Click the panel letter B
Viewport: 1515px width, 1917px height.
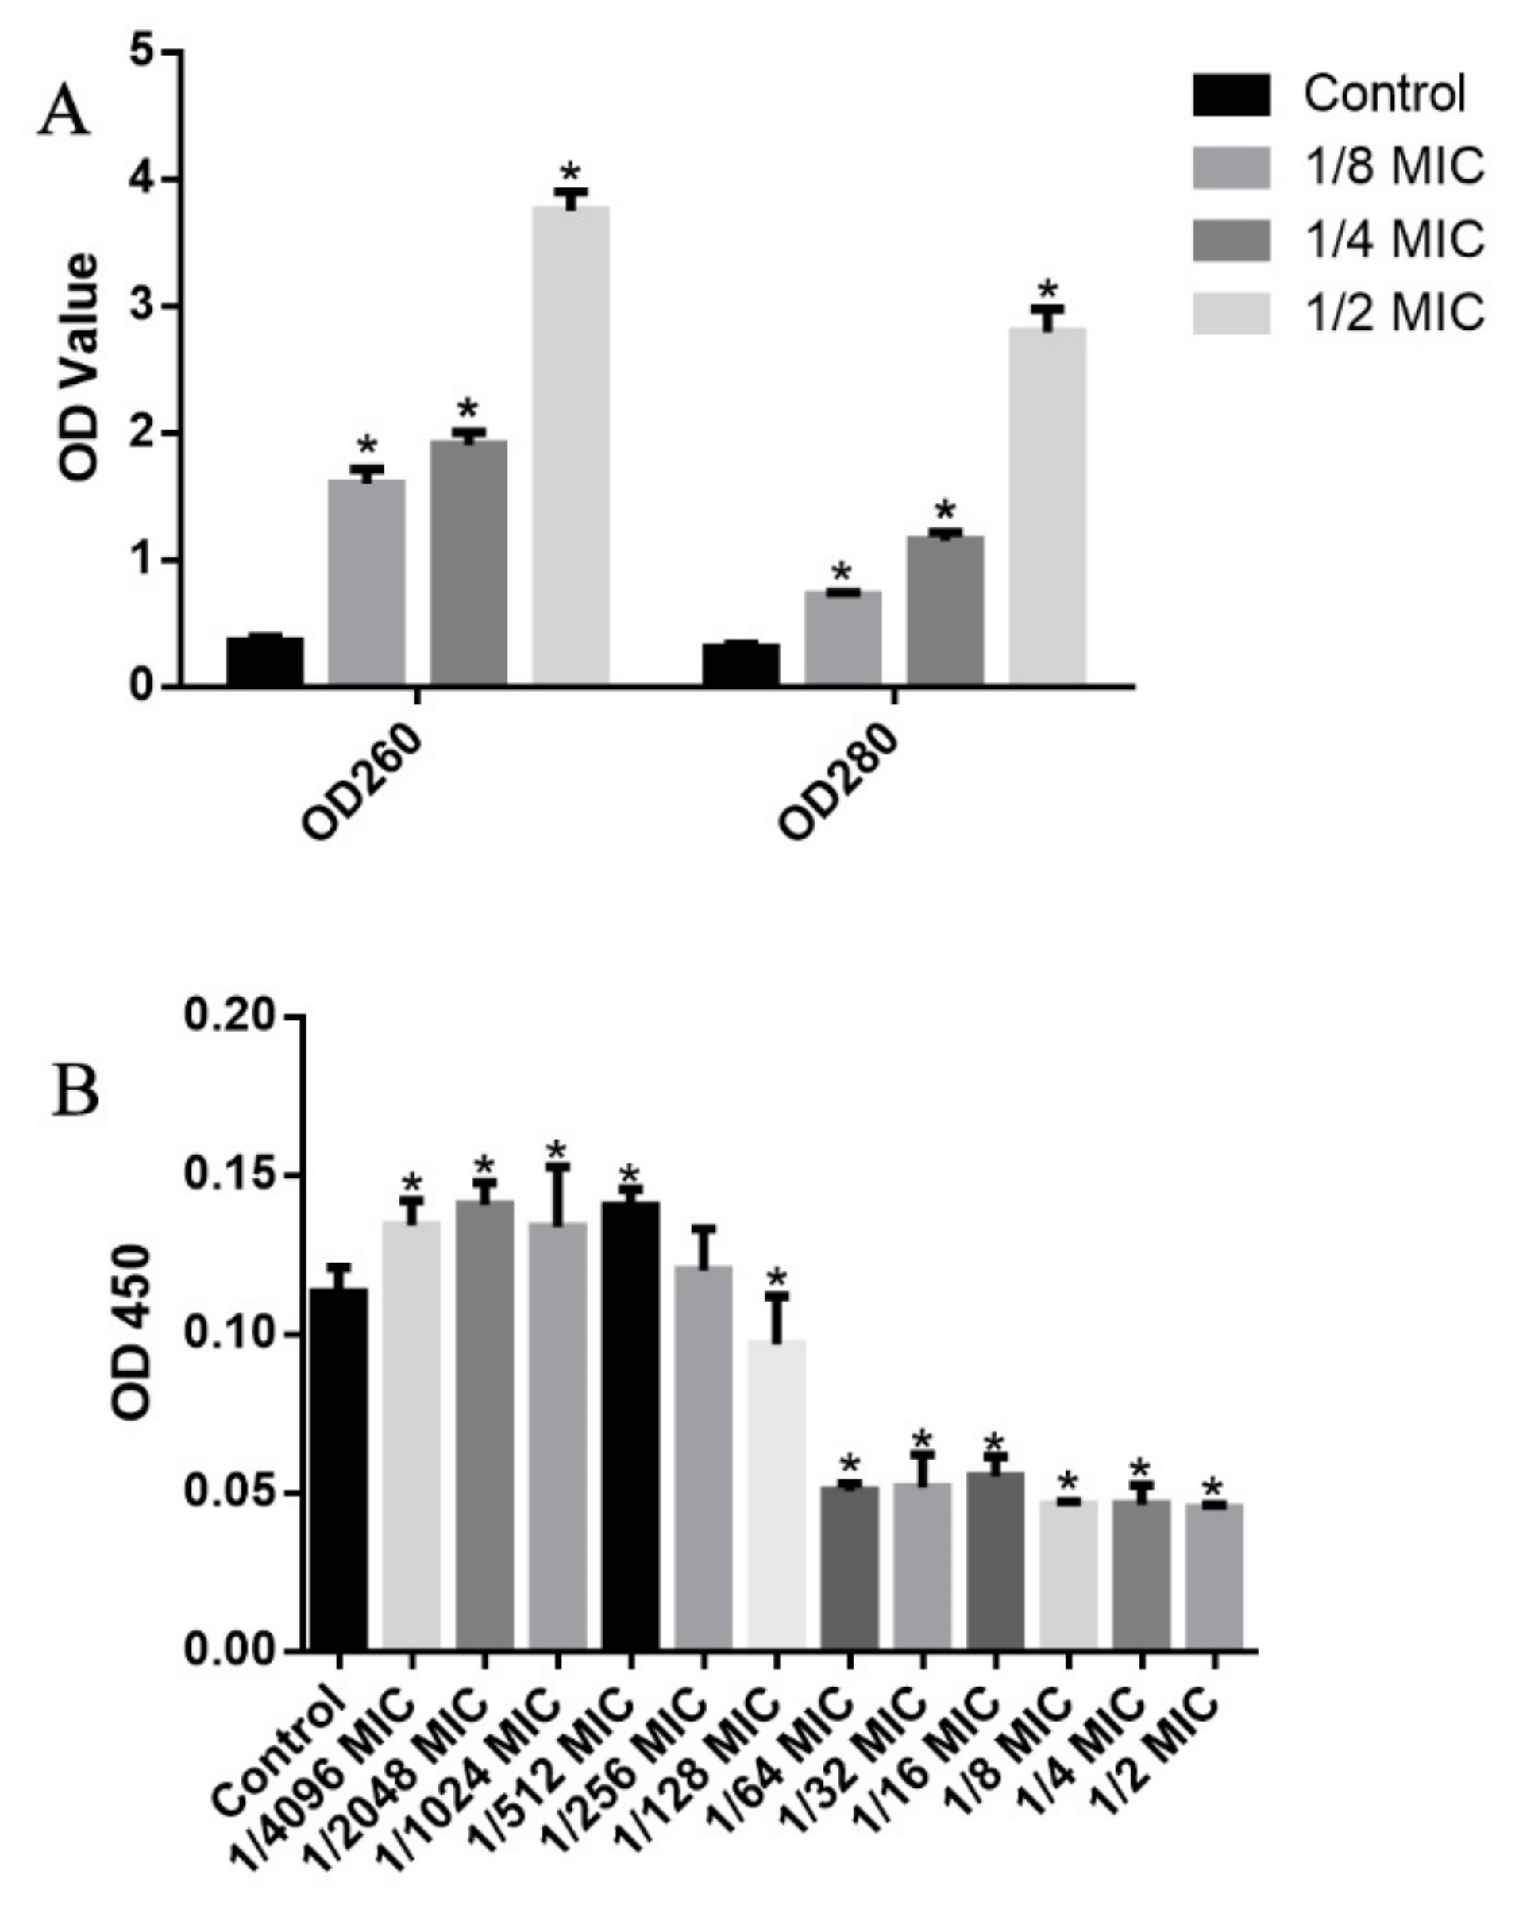[x=76, y=1092]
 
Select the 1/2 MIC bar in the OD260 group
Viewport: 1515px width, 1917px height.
[x=570, y=444]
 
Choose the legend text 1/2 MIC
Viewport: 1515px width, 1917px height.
[x=1394, y=312]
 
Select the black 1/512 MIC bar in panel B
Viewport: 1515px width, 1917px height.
[x=630, y=1419]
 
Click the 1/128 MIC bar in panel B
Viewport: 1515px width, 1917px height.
[x=776, y=1491]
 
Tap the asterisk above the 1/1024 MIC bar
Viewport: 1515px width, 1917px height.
[x=556, y=1151]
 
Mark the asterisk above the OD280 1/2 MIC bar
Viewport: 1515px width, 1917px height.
[x=1047, y=289]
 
